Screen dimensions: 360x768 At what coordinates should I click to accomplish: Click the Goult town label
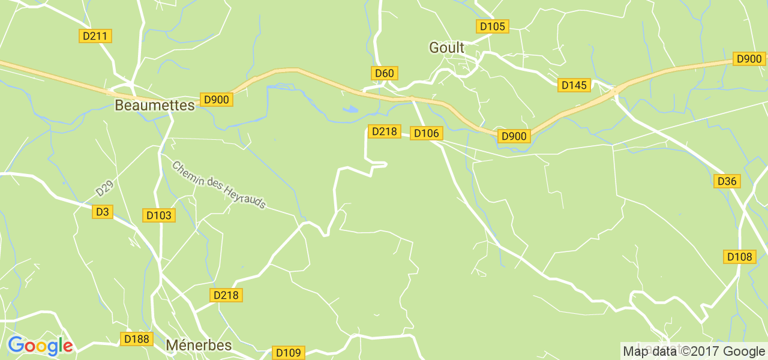click(x=446, y=48)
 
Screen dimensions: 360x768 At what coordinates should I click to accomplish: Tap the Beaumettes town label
click(x=154, y=106)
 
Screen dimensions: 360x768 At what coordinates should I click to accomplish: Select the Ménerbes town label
click(x=198, y=345)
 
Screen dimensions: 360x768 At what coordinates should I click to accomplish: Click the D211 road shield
click(x=95, y=36)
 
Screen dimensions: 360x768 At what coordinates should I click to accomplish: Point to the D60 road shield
click(x=384, y=73)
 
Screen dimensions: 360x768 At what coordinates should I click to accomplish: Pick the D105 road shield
click(x=493, y=26)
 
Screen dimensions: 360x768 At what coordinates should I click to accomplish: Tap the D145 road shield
click(x=574, y=85)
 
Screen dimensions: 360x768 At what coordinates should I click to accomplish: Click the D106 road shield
click(x=426, y=133)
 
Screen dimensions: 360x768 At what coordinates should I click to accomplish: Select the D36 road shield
click(x=727, y=181)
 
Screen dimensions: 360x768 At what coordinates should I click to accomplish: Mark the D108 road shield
click(x=739, y=257)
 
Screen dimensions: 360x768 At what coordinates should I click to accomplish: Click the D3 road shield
click(x=103, y=212)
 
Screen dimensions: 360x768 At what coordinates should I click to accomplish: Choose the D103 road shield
click(x=159, y=215)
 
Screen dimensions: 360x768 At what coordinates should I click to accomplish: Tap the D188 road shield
click(x=136, y=339)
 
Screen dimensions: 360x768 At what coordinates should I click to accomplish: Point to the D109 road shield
click(x=289, y=353)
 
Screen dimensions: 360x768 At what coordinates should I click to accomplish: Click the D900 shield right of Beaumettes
click(x=216, y=100)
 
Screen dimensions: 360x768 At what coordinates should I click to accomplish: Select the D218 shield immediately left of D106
click(x=384, y=131)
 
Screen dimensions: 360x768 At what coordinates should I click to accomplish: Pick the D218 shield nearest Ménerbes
click(x=226, y=295)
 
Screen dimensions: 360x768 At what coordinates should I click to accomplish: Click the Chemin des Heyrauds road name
click(x=219, y=185)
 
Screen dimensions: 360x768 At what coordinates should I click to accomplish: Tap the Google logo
click(x=40, y=346)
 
